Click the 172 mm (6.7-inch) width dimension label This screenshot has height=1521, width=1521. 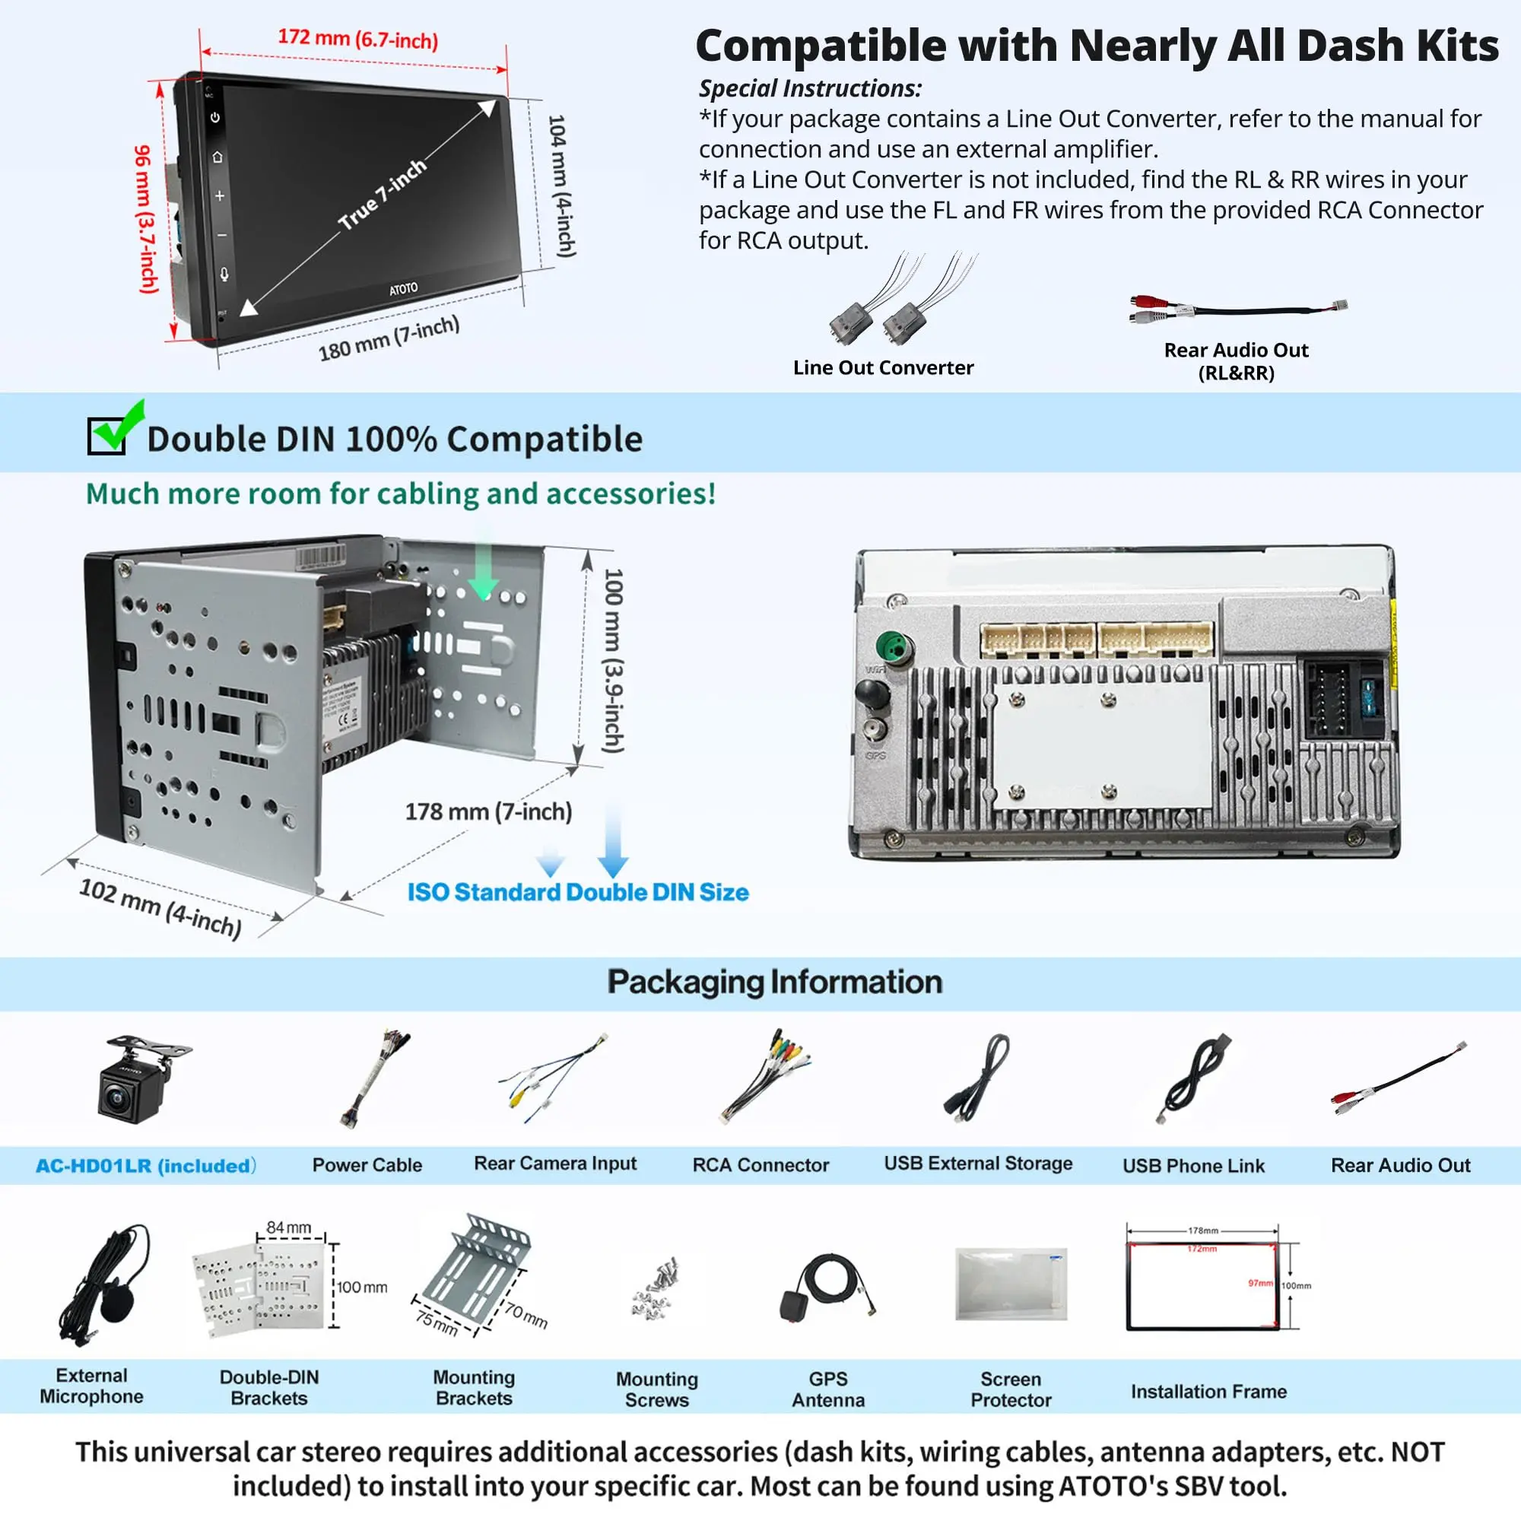(357, 39)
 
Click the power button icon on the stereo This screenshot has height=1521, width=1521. (215, 117)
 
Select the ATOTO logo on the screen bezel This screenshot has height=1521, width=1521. (403, 289)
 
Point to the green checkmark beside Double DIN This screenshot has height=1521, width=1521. (118, 426)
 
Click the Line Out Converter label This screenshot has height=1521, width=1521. (882, 367)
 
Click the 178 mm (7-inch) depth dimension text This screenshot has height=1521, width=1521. (488, 811)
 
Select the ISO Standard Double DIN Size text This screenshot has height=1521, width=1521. (578, 892)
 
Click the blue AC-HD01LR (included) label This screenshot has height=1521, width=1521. (146, 1165)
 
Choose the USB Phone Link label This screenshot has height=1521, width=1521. (1192, 1165)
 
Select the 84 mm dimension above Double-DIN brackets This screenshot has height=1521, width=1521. (288, 1227)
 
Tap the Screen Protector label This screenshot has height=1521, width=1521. (1010, 1389)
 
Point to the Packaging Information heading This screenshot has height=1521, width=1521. (775, 982)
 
